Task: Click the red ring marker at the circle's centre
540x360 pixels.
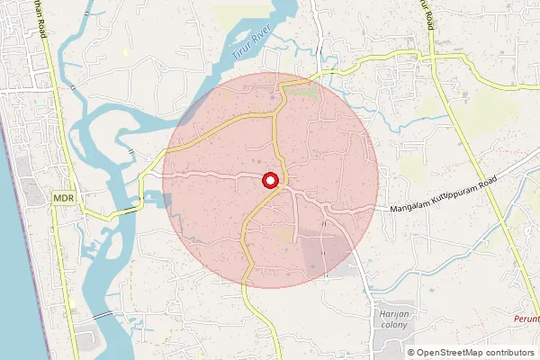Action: point(270,180)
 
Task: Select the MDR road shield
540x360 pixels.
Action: point(63,197)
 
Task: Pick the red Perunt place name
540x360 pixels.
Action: point(526,319)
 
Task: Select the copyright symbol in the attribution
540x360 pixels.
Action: point(411,353)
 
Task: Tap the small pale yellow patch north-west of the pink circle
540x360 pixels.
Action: point(126,51)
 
